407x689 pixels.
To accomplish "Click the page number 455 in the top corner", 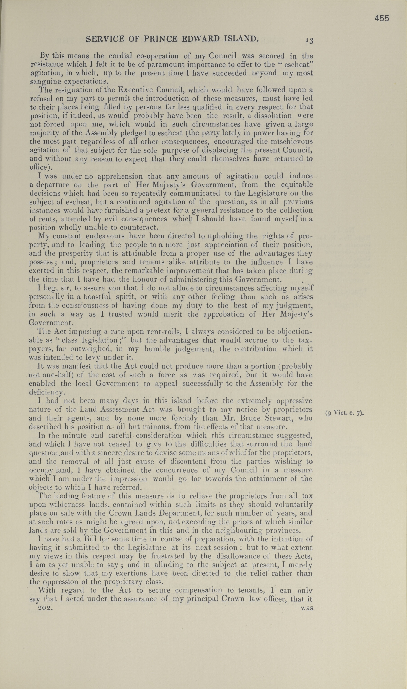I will pyautogui.click(x=382, y=18).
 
